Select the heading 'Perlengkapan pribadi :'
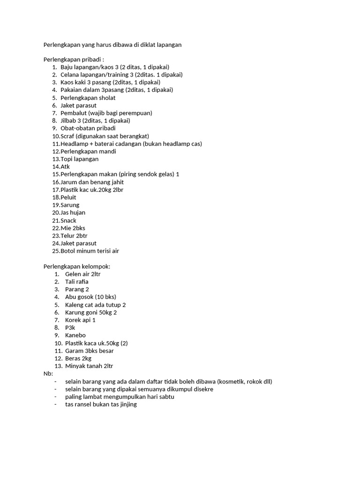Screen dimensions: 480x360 [x=74, y=60]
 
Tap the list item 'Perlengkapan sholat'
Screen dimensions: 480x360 [x=88, y=98]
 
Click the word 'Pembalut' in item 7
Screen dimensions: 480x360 [x=73, y=113]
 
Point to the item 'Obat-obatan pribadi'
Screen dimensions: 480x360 [x=88, y=128]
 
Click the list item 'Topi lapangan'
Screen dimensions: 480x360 [x=79, y=159]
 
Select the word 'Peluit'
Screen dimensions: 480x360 [x=68, y=197]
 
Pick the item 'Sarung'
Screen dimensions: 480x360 [x=70, y=205]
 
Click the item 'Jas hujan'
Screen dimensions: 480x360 [x=73, y=212]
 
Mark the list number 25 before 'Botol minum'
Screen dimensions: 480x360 [x=56, y=251]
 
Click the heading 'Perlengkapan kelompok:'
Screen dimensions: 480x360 [x=77, y=266]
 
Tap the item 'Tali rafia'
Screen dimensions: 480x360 [x=77, y=282]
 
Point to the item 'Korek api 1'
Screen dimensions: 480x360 [x=80, y=320]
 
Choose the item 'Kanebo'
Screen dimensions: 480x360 [x=75, y=335]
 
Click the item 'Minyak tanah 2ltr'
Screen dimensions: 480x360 [x=89, y=366]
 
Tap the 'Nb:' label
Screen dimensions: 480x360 [x=48, y=374]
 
